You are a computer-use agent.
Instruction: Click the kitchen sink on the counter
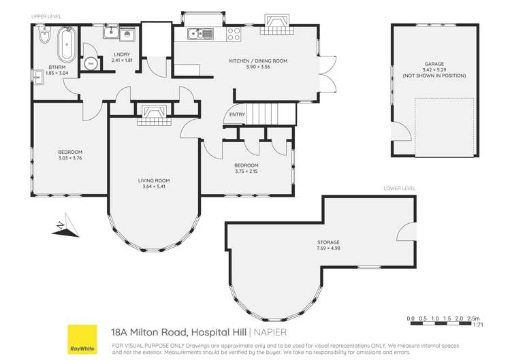tap(198, 32)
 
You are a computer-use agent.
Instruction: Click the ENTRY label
tap(237, 114)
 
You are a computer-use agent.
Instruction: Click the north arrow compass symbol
tap(62, 227)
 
